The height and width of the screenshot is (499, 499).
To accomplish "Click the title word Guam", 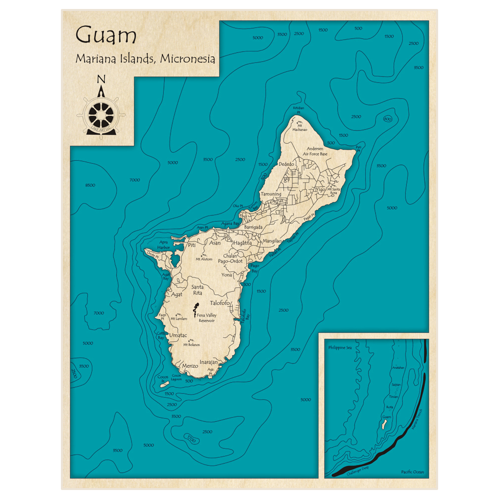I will pyautogui.click(x=106, y=36).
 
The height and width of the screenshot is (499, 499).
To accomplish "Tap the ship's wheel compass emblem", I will pyautogui.click(x=101, y=113).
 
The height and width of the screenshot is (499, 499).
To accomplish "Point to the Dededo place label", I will pyautogui.click(x=286, y=164).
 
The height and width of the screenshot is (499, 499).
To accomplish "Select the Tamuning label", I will pyautogui.click(x=270, y=194).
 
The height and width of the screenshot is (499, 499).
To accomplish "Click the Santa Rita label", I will pyautogui.click(x=197, y=290).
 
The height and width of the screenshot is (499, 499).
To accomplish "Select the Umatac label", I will pyautogui.click(x=178, y=335).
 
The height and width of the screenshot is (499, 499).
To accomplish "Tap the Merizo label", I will pyautogui.click(x=190, y=366).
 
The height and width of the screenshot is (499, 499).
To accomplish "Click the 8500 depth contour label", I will pyautogui.click(x=90, y=186).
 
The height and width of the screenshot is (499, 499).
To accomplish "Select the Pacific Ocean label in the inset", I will pyautogui.click(x=412, y=472).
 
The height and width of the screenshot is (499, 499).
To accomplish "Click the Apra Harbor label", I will pyautogui.click(x=164, y=245).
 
